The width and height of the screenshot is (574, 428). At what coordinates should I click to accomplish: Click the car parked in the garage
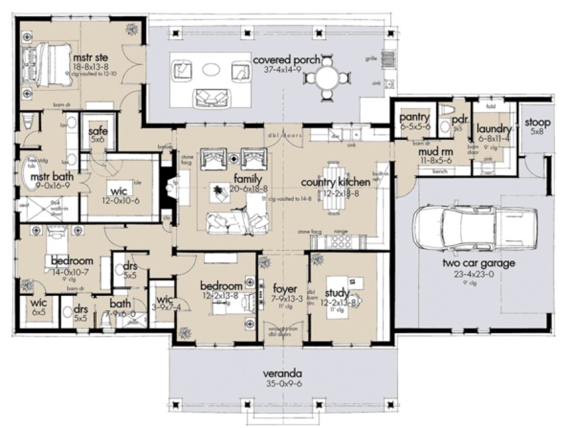[x=475, y=230]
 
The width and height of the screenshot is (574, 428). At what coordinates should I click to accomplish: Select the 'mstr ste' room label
[x=88, y=55]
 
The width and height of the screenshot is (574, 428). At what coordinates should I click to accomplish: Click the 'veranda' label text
[x=283, y=373]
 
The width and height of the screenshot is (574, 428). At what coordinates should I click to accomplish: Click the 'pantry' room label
[x=414, y=118]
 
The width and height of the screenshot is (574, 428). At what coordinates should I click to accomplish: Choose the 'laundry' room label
[x=493, y=128]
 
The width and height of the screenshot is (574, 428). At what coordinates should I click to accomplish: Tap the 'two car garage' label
[x=468, y=263]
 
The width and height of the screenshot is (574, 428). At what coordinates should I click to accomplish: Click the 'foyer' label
[x=283, y=288]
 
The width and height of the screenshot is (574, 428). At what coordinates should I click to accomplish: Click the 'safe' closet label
[x=98, y=131]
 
